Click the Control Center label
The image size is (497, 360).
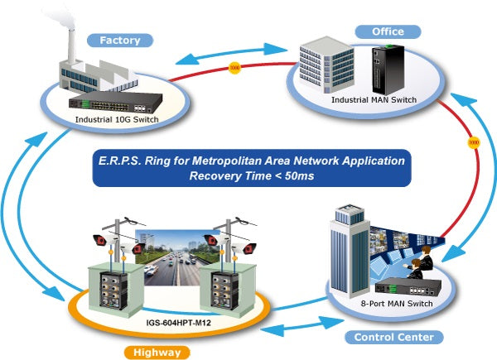(393, 337)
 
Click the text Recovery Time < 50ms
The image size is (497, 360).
(248, 175)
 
